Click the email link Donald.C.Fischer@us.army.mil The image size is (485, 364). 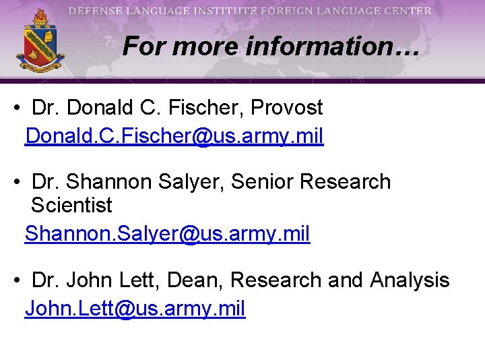[174, 137]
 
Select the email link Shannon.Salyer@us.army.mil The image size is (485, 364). [167, 235]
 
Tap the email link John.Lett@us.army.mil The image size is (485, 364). [135, 309]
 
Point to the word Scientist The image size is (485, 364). [71, 205]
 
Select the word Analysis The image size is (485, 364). [410, 280]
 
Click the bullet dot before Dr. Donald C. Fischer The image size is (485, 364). [15, 108]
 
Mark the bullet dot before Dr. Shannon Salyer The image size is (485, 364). [15, 183]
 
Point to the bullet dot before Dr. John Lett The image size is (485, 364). [15, 280]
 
